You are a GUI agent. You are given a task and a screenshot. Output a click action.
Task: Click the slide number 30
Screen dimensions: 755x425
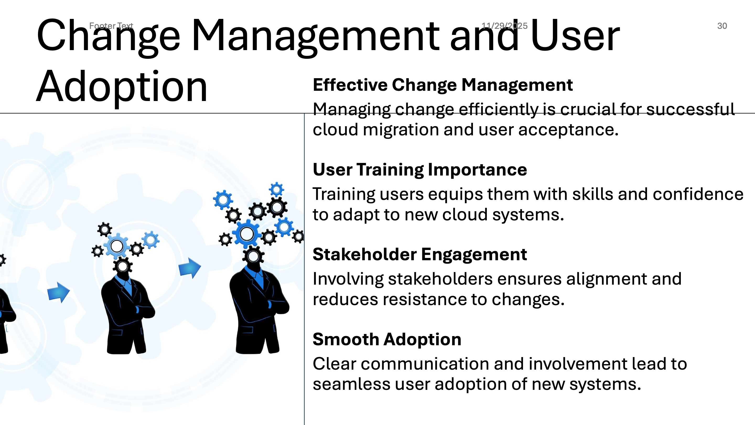(722, 26)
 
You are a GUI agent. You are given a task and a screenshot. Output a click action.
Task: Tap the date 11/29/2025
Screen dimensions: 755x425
(504, 26)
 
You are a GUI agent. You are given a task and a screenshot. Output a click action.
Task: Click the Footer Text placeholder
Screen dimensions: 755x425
(111, 26)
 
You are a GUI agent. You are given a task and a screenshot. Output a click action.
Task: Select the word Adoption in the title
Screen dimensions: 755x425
(122, 87)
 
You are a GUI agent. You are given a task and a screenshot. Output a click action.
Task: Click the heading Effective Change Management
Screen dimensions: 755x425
(443, 85)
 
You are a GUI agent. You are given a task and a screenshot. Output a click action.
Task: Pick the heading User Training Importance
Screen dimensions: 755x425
(420, 169)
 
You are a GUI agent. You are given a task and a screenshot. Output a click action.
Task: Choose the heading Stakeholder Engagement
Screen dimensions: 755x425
(420, 254)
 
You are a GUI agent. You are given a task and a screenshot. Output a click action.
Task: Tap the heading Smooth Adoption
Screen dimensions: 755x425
(387, 339)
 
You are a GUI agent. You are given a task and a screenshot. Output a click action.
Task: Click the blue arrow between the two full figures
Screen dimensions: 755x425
(190, 268)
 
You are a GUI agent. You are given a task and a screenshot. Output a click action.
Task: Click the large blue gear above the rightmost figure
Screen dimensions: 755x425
(247, 234)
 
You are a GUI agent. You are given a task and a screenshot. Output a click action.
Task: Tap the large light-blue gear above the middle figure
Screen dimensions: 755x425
(117, 246)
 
